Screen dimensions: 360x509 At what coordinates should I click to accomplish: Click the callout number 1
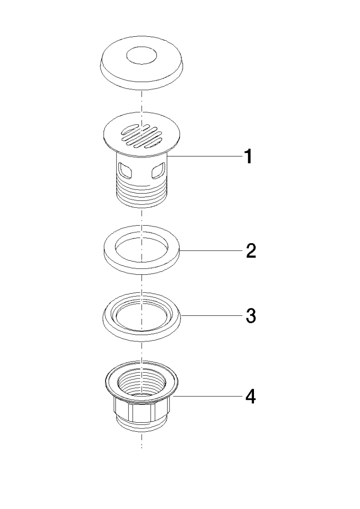coord(248,156)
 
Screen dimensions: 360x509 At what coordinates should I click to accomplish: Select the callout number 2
coord(251,251)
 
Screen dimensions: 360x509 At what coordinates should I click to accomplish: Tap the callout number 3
coord(251,315)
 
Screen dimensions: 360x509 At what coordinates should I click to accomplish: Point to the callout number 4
coord(250,396)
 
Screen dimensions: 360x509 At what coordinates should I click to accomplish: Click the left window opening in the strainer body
coord(125,171)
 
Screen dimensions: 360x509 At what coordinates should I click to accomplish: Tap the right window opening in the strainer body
coord(158,171)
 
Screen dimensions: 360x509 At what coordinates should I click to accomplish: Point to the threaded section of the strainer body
coord(141,193)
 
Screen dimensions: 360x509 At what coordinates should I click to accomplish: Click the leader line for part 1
coord(205,156)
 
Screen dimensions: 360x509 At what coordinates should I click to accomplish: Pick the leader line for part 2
coord(212,251)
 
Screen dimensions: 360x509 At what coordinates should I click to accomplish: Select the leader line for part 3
coord(213,315)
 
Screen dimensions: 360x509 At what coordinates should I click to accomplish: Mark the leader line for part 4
coord(208,396)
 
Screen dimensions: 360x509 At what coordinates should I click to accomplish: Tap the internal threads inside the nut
coord(141,385)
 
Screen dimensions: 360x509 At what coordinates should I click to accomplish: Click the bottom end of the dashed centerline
coord(141,448)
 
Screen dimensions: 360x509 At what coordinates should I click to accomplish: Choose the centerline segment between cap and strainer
coord(141,102)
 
